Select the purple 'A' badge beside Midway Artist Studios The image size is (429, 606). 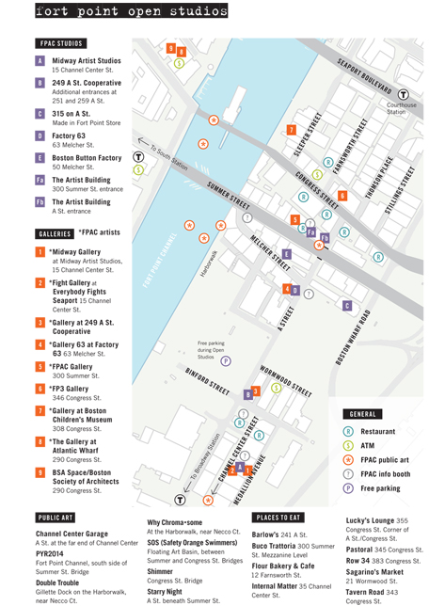[40, 61]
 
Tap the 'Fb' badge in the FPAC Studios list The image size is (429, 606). [40, 202]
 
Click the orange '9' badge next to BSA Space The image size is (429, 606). [40, 473]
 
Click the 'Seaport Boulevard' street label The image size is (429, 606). [365, 74]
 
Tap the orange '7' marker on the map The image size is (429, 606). [292, 129]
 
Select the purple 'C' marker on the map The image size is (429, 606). [347, 306]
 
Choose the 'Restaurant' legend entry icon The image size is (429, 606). [348, 431]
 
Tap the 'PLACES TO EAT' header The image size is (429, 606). [283, 518]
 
